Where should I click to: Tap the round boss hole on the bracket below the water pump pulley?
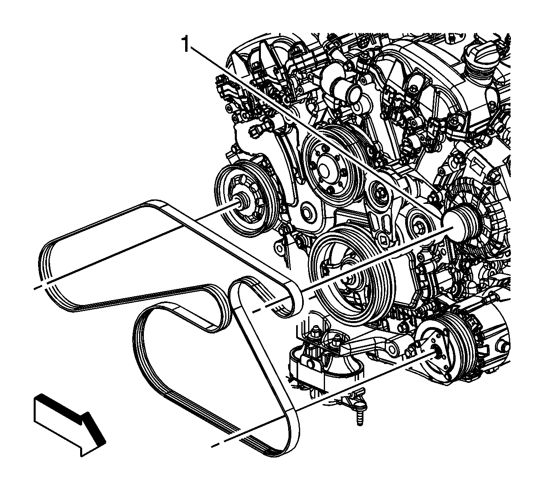tap(307, 211)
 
